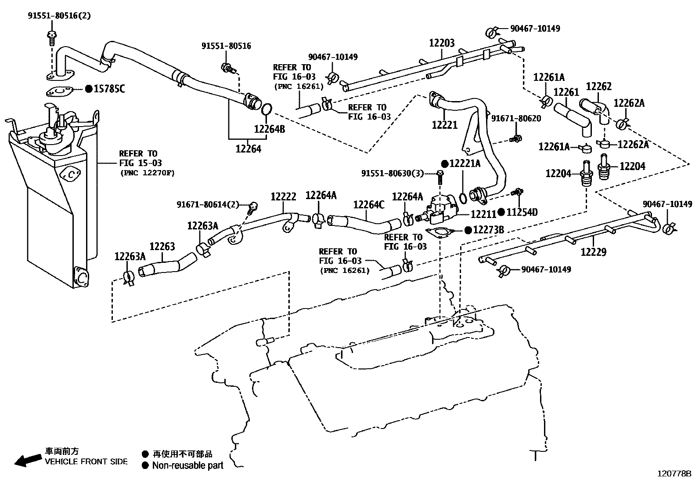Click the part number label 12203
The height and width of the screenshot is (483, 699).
pos(442,43)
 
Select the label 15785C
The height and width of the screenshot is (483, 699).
pos(109,89)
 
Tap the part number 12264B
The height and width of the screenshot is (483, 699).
pos(269,129)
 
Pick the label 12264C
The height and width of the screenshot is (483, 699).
pos(369,205)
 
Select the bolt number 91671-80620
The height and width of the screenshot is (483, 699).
pos(516,118)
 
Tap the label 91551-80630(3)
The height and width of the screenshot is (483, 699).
pos(393,174)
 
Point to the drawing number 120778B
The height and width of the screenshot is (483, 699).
pos(674,474)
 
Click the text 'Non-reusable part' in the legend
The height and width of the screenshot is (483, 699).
pos(187,466)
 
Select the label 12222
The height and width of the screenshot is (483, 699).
pos(283,197)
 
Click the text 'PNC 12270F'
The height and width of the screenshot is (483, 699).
pos(147,173)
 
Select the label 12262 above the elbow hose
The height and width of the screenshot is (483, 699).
pos(598,87)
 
